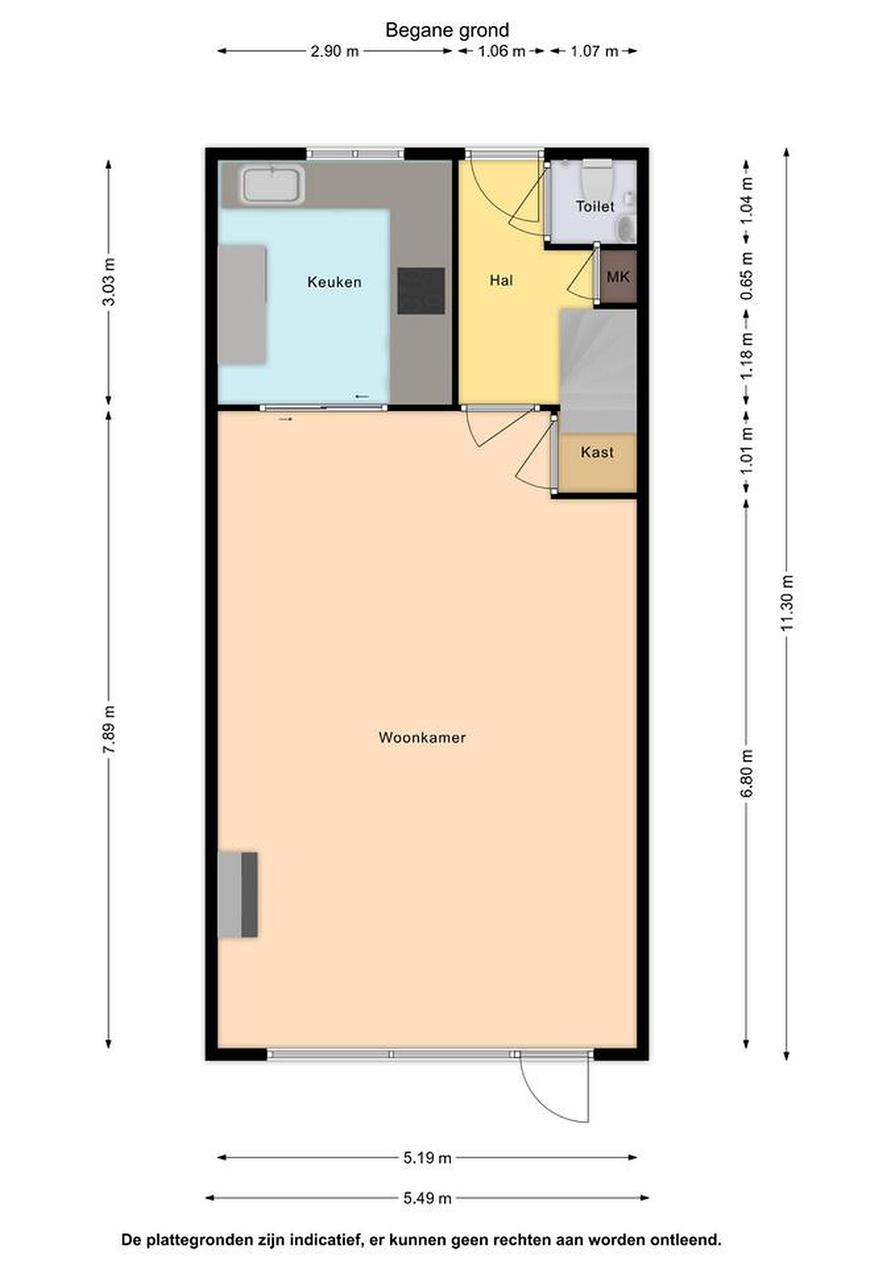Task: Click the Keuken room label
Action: (334, 282)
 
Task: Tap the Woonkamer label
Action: (422, 737)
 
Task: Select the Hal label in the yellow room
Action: (501, 280)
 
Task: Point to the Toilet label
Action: (595, 206)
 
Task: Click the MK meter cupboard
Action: (618, 277)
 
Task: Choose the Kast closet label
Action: (597, 452)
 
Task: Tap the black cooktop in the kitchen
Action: (421, 291)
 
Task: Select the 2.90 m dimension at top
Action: (334, 51)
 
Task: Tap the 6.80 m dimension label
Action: (747, 773)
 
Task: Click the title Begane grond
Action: (447, 30)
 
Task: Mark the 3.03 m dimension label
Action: (109, 282)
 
